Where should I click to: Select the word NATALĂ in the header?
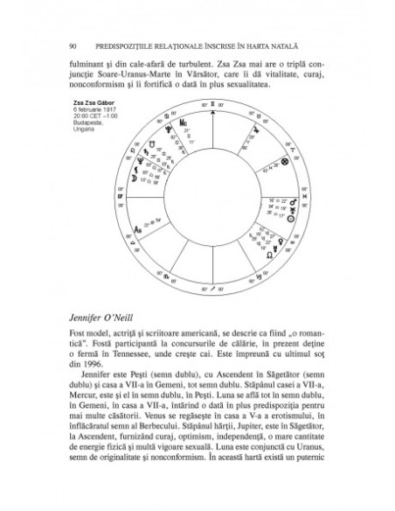(x=307, y=44)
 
